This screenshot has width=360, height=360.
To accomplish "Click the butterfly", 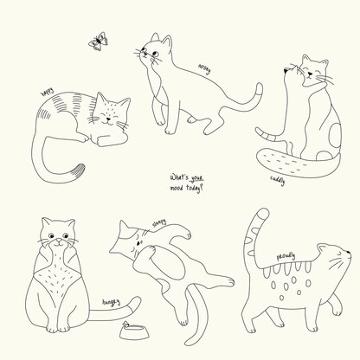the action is click(x=99, y=42).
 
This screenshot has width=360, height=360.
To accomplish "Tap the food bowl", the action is click(x=135, y=332).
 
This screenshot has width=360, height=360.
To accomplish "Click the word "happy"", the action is click(x=48, y=93).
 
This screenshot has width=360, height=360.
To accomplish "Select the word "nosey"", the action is click(x=204, y=69).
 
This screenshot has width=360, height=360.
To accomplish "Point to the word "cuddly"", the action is click(x=278, y=180).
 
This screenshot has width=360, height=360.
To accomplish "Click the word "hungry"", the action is click(x=111, y=302).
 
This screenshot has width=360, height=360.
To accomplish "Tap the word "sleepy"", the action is click(x=159, y=223).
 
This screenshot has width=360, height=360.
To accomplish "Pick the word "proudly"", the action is click(x=286, y=256).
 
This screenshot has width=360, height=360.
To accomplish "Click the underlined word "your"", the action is click(x=196, y=177).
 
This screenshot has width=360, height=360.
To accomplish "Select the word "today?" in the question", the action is click(x=195, y=188).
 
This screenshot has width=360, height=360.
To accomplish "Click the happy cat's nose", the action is click(x=108, y=119).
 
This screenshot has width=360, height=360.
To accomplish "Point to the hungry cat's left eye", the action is click(x=51, y=236).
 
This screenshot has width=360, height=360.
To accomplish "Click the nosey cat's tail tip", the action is click(x=260, y=87).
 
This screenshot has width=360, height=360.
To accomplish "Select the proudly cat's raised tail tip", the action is click(x=262, y=214).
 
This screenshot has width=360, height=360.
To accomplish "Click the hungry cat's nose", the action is click(x=59, y=241).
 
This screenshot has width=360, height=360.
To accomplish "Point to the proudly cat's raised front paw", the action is click(x=337, y=311).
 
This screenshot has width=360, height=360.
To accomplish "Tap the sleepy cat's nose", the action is click(x=138, y=243).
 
